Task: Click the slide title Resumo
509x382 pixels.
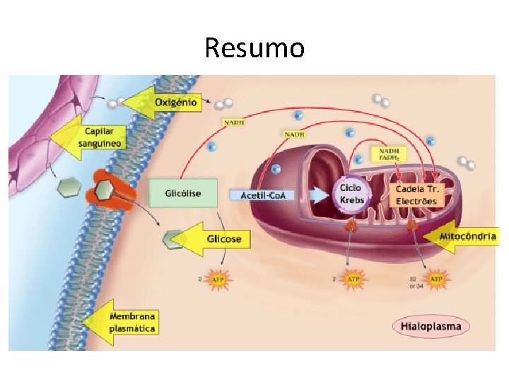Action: (255, 48)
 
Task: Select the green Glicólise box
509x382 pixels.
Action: (183, 193)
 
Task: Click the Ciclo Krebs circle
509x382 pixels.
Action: (351, 194)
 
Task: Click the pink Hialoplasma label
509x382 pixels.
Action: (430, 326)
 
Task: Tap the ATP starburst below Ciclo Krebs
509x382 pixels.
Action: (353, 280)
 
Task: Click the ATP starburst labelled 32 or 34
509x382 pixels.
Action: (437, 280)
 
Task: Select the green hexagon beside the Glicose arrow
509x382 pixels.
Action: (172, 240)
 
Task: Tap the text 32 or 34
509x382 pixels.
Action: (416, 282)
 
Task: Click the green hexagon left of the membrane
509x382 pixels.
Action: (69, 187)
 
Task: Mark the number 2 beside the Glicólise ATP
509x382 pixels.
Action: (200, 280)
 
